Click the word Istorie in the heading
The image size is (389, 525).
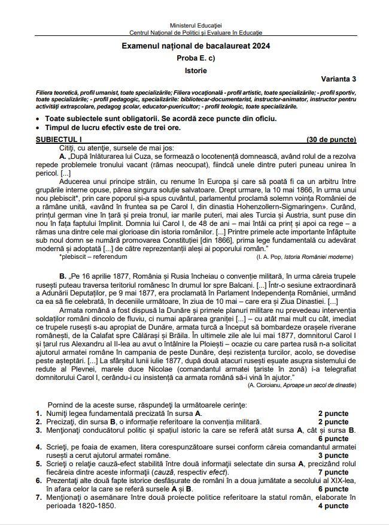tap(195, 71)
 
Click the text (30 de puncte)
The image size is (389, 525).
tap(332, 140)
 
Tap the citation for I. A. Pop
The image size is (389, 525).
tap(305, 257)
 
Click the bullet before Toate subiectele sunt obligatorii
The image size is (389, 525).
tap(39, 119)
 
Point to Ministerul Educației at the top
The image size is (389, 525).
tap(196, 25)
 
